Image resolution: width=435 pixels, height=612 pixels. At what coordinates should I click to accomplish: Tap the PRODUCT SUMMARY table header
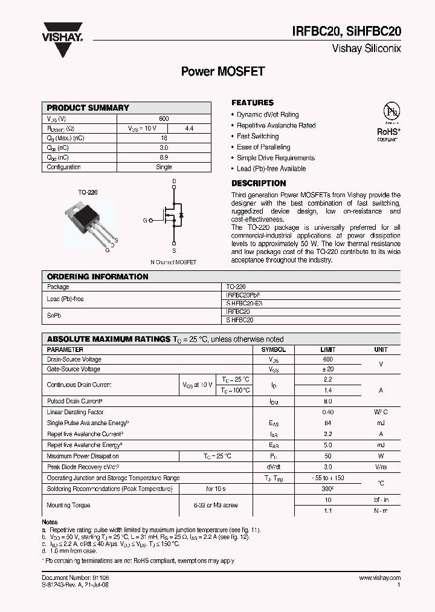click(x=88, y=108)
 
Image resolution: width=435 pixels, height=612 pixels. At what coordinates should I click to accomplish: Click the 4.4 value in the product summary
click(x=189, y=128)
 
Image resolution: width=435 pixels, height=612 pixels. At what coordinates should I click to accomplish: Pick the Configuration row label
click(x=63, y=167)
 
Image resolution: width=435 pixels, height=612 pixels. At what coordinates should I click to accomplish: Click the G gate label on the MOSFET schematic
click(x=145, y=221)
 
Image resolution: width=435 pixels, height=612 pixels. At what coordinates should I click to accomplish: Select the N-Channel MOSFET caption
click(x=173, y=262)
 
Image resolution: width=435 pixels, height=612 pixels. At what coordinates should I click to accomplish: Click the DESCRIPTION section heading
click(x=259, y=183)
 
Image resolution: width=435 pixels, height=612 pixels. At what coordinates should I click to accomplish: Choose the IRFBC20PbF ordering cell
click(x=244, y=296)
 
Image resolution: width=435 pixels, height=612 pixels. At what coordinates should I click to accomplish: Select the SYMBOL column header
click(x=273, y=350)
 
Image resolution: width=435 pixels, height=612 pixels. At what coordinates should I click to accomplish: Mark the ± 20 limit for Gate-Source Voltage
click(x=327, y=369)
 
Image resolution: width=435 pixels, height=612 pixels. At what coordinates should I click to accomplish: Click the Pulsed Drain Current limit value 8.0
click(x=327, y=401)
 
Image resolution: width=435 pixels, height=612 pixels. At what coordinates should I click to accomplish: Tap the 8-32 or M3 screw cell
click(x=215, y=504)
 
